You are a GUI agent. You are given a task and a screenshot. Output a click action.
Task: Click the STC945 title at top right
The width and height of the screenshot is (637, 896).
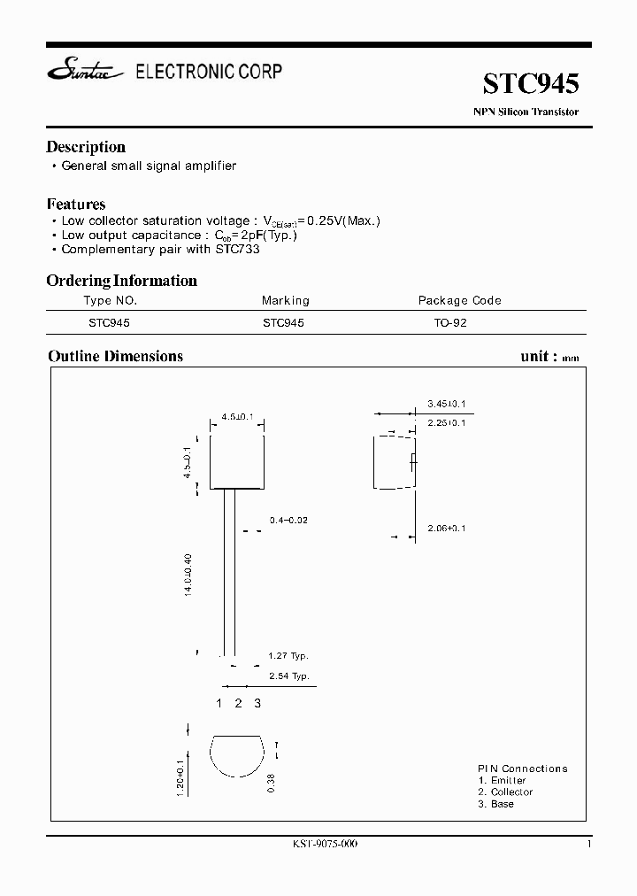pos(531,84)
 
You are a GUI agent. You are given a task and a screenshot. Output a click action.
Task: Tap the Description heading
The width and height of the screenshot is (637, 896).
pos(86,147)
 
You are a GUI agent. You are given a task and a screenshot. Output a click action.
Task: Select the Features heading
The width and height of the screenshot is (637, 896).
pos(76,204)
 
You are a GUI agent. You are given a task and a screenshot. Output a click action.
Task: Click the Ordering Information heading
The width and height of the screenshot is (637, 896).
pos(121,281)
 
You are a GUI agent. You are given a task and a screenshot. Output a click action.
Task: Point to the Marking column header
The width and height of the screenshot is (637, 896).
pos(286,301)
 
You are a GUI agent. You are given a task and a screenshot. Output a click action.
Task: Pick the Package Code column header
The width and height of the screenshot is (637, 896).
pos(459,301)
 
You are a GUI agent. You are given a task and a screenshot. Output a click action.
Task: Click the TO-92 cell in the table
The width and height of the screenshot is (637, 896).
pos(450,323)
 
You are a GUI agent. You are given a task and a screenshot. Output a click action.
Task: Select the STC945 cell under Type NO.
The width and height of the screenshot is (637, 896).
pos(109,323)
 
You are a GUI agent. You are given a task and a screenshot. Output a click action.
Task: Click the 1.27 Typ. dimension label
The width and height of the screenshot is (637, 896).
pos(288,656)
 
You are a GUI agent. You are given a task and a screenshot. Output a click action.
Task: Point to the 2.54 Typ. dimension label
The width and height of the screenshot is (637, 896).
pos(288,676)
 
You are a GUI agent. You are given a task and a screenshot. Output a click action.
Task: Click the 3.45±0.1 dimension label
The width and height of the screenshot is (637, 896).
pos(446,404)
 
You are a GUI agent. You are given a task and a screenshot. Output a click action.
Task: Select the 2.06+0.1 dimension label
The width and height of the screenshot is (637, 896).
pos(446,528)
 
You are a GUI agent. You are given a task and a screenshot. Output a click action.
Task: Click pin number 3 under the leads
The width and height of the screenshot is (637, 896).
pos(257,703)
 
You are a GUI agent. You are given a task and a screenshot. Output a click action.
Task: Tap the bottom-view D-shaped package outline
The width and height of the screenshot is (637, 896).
pos(237,756)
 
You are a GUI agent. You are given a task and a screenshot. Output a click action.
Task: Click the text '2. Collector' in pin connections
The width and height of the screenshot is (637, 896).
pos(505,792)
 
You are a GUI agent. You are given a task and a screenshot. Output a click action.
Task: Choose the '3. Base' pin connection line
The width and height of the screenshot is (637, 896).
pos(495,803)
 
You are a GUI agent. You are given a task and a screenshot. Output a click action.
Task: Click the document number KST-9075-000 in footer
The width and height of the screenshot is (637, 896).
pos(318,844)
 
